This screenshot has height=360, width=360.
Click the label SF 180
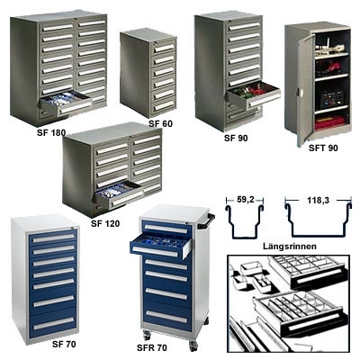pyautogui.click(x=51, y=132)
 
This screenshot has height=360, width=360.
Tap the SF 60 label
pyautogui.click(x=161, y=123)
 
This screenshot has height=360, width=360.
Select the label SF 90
pyautogui.click(x=236, y=138)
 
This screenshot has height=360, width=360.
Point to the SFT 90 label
pyautogui.click(x=323, y=148)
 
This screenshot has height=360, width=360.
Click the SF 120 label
pyautogui.click(x=105, y=223)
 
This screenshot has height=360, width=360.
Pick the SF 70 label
pyautogui.click(x=64, y=344)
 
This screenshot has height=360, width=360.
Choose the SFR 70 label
pyautogui.click(x=152, y=348)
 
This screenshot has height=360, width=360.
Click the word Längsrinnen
pyautogui.click(x=290, y=247)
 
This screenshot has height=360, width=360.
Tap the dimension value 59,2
pyautogui.click(x=246, y=200)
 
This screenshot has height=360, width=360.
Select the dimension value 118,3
pyautogui.click(x=318, y=200)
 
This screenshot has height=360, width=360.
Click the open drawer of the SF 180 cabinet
pyautogui.click(x=66, y=103)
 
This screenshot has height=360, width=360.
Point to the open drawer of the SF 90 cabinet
pyautogui.click(x=254, y=94)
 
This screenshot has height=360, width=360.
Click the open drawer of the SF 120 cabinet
pyautogui.click(x=120, y=194)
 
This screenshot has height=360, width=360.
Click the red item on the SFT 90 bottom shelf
pyautogui.click(x=329, y=122)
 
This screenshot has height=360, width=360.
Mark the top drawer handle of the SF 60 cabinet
pyautogui.click(x=165, y=48)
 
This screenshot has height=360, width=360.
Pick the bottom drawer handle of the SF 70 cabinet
pyautogui.click(x=54, y=323)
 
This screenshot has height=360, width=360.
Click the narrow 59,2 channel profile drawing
pyautogui.click(x=246, y=221)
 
